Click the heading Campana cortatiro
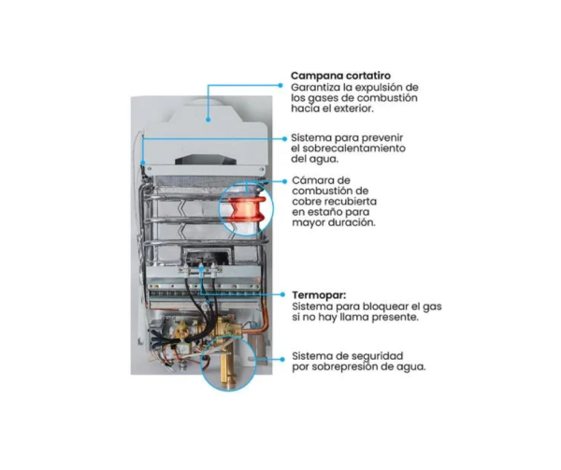(x=340, y=76)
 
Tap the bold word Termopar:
(x=319, y=295)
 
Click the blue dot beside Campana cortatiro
(x=280, y=85)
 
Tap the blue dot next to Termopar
(x=282, y=295)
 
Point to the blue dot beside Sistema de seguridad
(x=282, y=360)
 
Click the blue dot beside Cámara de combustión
(x=285, y=181)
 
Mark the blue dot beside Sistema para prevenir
(x=285, y=138)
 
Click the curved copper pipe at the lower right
(x=266, y=315)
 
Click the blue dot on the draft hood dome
(x=208, y=121)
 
